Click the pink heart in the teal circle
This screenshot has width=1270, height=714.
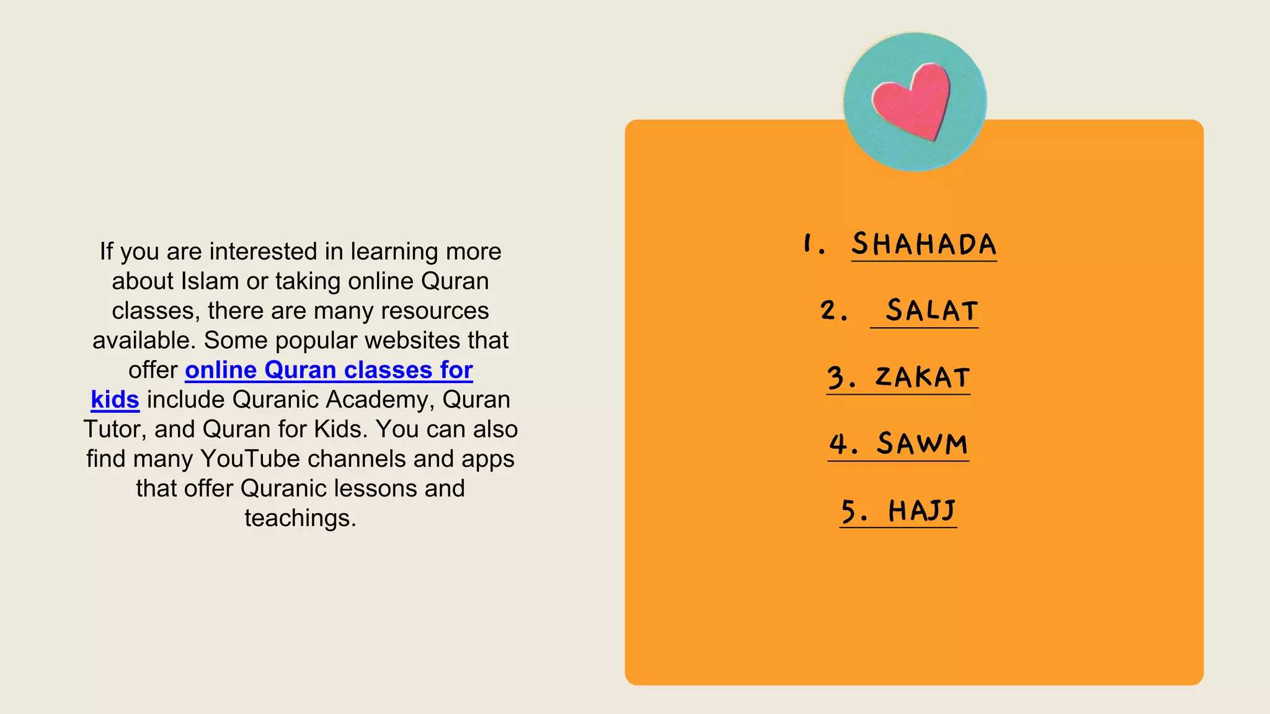[x=912, y=100]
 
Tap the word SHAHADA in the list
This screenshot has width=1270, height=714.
[x=923, y=244]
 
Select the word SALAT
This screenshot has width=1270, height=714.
[x=931, y=311]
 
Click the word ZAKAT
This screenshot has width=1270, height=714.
[x=922, y=377]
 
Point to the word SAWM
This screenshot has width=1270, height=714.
[x=922, y=444]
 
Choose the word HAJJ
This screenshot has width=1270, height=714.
[x=922, y=511]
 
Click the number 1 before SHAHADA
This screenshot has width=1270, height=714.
[x=808, y=244]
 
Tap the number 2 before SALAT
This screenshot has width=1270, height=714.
[x=828, y=311]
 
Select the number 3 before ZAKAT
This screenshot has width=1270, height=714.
[x=837, y=377]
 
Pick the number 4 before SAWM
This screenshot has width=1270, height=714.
[x=839, y=444]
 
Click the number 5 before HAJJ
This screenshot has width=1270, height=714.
[x=849, y=511]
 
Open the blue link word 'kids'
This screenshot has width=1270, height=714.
[x=115, y=400]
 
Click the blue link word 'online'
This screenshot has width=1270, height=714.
[x=221, y=370]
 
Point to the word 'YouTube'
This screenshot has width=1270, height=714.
[x=251, y=459]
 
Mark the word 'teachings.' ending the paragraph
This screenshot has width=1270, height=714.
[x=300, y=518]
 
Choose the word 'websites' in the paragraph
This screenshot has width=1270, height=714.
[x=429, y=340]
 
